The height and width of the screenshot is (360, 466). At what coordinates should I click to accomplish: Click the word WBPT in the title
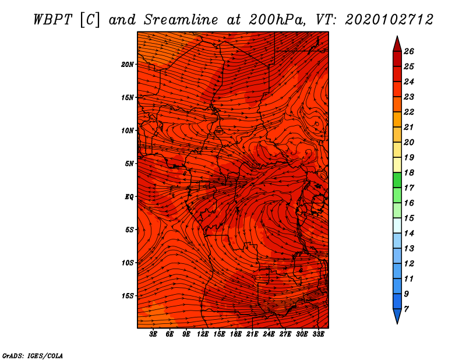click(x=49, y=19)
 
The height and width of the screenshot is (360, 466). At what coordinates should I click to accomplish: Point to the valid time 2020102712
click(x=389, y=19)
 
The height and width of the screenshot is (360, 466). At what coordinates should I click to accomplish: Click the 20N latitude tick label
click(x=128, y=64)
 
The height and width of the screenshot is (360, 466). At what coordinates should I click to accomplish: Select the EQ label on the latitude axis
click(x=130, y=196)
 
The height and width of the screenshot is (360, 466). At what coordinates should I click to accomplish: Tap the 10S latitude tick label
click(x=128, y=263)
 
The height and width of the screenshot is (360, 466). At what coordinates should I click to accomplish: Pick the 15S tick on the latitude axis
click(x=128, y=296)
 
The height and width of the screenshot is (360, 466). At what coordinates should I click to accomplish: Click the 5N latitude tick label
click(x=129, y=164)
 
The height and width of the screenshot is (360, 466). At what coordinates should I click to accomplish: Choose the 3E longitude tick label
click(x=153, y=334)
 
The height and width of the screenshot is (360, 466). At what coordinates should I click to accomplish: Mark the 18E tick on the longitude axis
click(x=236, y=334)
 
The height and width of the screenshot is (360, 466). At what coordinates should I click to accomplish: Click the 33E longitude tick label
click(x=319, y=334)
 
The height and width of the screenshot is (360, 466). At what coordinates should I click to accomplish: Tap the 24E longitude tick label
click(x=269, y=334)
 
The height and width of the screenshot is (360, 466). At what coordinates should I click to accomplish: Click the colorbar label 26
click(x=409, y=51)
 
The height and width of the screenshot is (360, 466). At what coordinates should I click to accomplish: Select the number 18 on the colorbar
click(x=409, y=172)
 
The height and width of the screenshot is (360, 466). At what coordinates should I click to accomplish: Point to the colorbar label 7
click(x=407, y=309)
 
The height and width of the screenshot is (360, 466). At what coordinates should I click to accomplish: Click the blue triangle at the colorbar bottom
click(x=397, y=316)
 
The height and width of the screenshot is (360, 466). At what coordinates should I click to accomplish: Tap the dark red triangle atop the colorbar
click(x=397, y=44)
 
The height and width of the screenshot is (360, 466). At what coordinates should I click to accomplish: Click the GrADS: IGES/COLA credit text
click(x=33, y=355)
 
